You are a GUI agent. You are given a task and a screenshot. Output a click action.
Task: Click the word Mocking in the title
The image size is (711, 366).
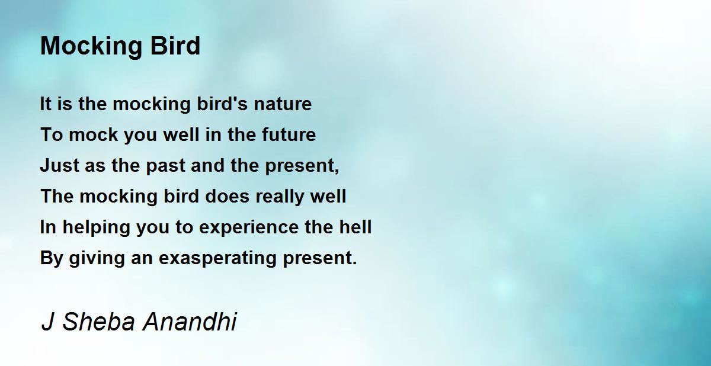pos(91,47)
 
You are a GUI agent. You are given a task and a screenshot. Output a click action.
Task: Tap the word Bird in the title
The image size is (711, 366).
pos(175,46)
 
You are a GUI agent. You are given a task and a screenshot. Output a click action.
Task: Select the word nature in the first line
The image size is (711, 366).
pos(283,104)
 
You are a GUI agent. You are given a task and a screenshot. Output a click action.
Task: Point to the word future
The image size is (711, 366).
pos(289,134)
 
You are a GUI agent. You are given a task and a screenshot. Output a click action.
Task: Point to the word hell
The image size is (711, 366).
pos(355,227)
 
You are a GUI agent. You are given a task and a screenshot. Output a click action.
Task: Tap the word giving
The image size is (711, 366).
pos(97,258)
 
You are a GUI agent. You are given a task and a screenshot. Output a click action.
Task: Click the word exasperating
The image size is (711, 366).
pos(217,258)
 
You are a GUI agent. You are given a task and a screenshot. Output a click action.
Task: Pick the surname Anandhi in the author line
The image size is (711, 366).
pos(190,322)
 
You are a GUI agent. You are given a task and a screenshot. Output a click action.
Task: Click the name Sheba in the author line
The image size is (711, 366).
pos(99,322)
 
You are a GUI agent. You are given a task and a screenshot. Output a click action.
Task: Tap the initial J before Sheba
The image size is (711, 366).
pos(47,322)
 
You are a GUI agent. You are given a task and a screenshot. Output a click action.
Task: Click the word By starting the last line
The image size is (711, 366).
pos(52,258)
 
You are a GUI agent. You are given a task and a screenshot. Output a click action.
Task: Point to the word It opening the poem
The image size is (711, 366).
pos(46,104)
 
